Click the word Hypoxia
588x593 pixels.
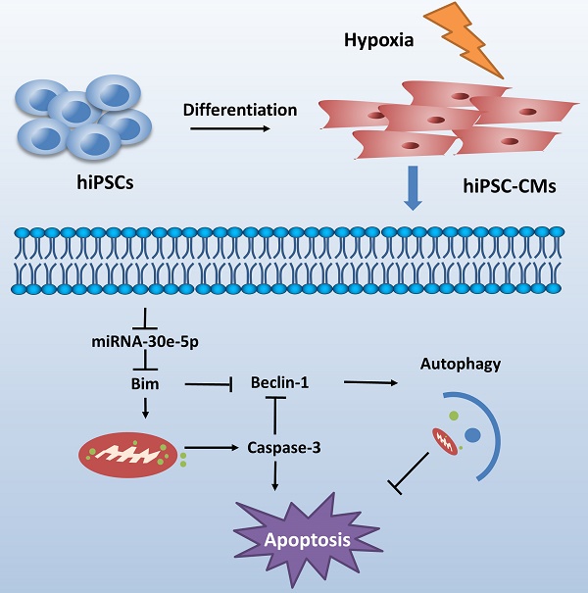pyautogui.click(x=378, y=41)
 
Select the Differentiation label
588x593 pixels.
pyautogui.click(x=239, y=109)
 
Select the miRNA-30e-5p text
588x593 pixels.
pyautogui.click(x=145, y=341)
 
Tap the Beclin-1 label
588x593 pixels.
pyautogui.click(x=279, y=381)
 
